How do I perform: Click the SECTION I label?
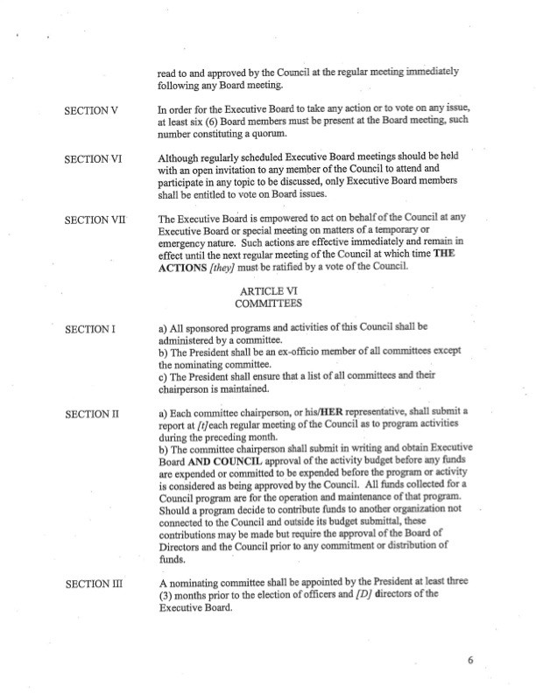91,329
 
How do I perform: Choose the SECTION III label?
95,582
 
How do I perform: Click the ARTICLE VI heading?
267,290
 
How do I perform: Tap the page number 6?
470,661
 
